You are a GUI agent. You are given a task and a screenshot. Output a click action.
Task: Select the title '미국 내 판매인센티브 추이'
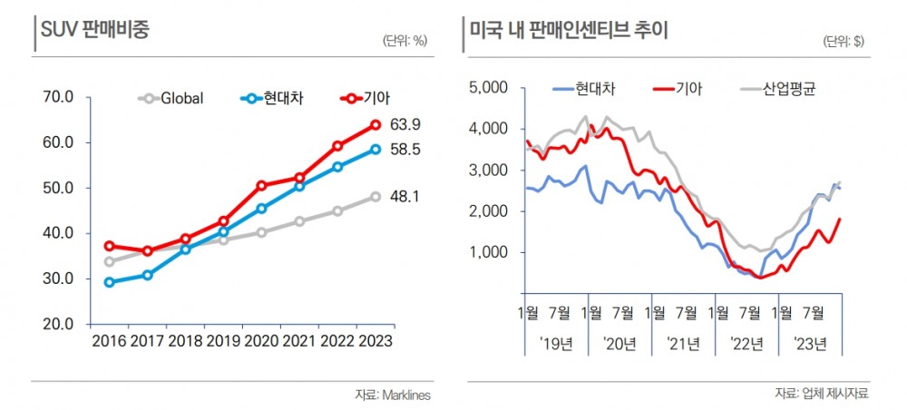pyautogui.click(x=569, y=29)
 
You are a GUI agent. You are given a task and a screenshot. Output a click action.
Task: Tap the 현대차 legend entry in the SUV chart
pyautogui.click(x=273, y=98)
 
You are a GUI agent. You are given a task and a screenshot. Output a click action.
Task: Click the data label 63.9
pyautogui.click(x=405, y=124)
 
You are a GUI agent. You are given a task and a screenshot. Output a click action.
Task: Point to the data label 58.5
pyautogui.click(x=405, y=150)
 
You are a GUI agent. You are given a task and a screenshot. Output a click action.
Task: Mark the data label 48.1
pyautogui.click(x=405, y=196)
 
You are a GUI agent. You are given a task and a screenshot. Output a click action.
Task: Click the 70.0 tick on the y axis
pyautogui.click(x=58, y=97)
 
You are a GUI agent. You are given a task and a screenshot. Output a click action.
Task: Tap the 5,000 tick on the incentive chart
pyautogui.click(x=487, y=88)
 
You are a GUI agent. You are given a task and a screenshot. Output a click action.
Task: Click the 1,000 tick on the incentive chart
pyautogui.click(x=487, y=252)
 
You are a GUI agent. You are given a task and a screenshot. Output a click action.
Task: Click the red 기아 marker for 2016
pyautogui.click(x=110, y=246)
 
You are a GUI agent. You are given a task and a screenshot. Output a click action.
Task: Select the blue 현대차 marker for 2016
pyautogui.click(x=110, y=282)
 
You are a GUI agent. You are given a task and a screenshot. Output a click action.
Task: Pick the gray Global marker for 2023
pyautogui.click(x=375, y=196)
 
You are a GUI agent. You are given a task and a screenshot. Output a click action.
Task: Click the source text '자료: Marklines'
pyautogui.click(x=392, y=395)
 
